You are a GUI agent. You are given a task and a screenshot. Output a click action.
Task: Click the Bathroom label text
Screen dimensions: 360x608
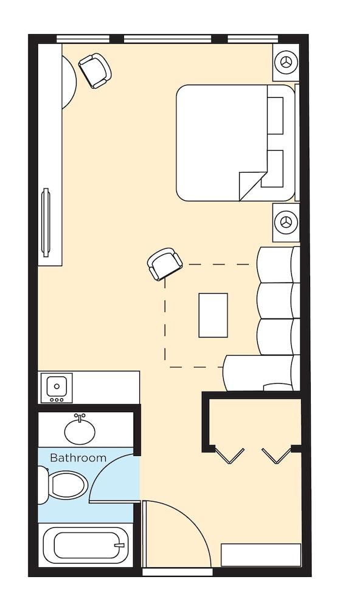pos(78,458)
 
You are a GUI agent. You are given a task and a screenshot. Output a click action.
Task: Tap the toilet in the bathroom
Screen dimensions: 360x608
pos(64,485)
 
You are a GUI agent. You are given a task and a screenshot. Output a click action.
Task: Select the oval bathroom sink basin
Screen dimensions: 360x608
pos(80,430)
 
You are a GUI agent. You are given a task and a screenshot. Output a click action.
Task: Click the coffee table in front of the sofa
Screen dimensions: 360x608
pos(213,315)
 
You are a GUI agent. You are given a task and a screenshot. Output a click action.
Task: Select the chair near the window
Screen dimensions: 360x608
pos(95,71)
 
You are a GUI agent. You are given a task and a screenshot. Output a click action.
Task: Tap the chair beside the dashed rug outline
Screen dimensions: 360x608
pos(165,264)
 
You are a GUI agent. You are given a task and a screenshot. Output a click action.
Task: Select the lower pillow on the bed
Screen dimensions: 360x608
pos(272,168)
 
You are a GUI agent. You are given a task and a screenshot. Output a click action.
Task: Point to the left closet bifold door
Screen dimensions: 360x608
pos(230,455)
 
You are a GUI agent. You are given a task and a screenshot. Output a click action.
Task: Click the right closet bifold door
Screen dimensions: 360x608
pos(276,455)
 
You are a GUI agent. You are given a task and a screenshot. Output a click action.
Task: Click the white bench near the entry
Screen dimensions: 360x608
pos(261,555)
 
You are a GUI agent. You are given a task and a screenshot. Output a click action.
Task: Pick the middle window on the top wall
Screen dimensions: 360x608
pos(168,39)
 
